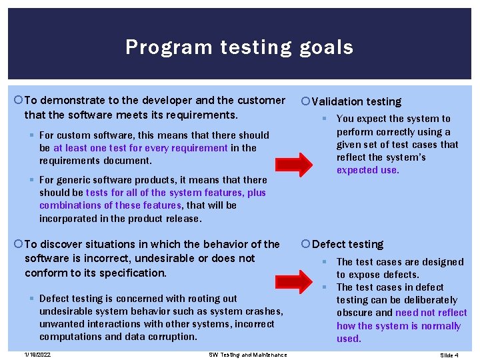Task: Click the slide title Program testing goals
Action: pyautogui.click(x=239, y=47)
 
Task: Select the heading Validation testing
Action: pyautogui.click(x=356, y=101)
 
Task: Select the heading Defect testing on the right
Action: pyautogui.click(x=348, y=244)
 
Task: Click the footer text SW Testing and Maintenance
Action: pyautogui.click(x=247, y=355)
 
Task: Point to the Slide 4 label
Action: pyautogui.click(x=449, y=355)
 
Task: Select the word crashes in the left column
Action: pyautogui.click(x=265, y=311)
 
